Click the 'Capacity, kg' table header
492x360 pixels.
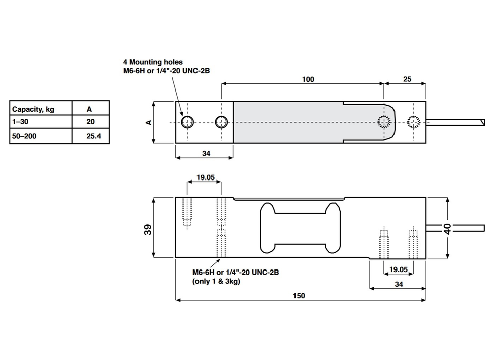[34, 109]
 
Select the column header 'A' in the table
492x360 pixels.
[90, 109]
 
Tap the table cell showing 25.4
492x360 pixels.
[90, 136]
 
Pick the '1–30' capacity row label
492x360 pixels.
[21, 122]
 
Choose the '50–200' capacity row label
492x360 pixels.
[24, 136]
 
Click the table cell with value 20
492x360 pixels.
[90, 122]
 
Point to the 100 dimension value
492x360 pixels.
[308, 79]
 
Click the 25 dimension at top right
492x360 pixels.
[407, 79]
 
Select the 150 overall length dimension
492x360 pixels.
[299, 296]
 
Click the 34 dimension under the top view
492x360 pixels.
[206, 154]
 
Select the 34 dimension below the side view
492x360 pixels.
[399, 284]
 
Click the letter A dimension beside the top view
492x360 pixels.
[149, 122]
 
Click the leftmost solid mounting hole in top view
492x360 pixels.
[188, 122]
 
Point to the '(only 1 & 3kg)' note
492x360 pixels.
[216, 282]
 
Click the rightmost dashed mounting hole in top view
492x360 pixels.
[413, 122]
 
